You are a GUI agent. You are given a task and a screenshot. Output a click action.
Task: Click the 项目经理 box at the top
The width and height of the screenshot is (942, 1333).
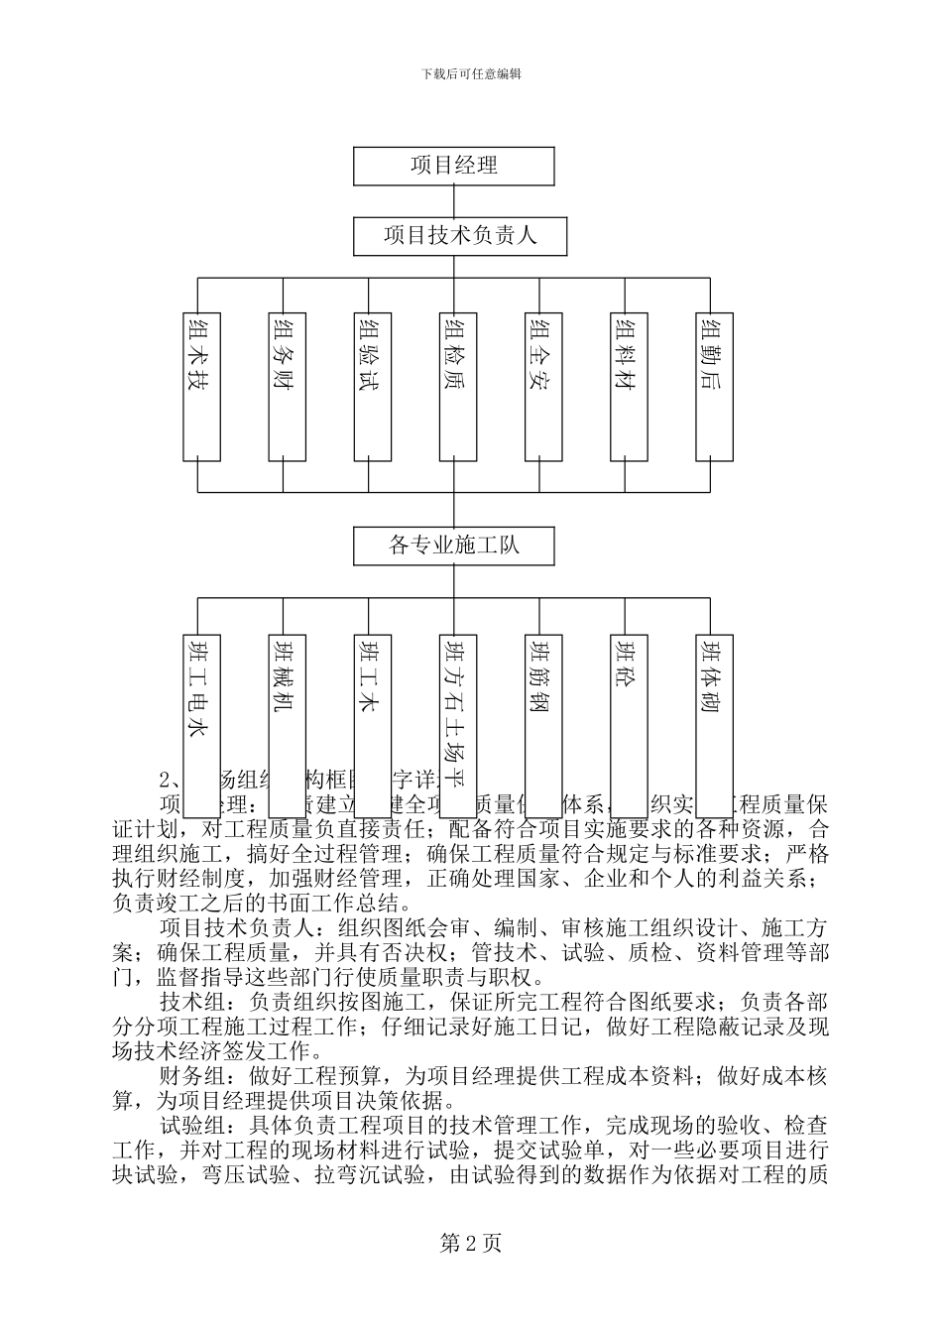tap(453, 166)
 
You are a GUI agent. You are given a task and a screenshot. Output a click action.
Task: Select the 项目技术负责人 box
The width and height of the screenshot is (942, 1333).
tap(453, 236)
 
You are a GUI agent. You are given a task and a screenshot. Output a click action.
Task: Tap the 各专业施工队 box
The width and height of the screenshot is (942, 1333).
tap(453, 545)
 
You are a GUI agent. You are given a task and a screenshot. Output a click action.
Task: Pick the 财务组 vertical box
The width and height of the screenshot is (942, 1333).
tap(285, 387)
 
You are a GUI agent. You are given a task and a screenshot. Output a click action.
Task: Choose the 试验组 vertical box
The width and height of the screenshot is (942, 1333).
tap(370, 387)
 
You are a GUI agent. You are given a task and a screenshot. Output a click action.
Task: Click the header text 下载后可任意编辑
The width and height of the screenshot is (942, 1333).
tap(471, 74)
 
